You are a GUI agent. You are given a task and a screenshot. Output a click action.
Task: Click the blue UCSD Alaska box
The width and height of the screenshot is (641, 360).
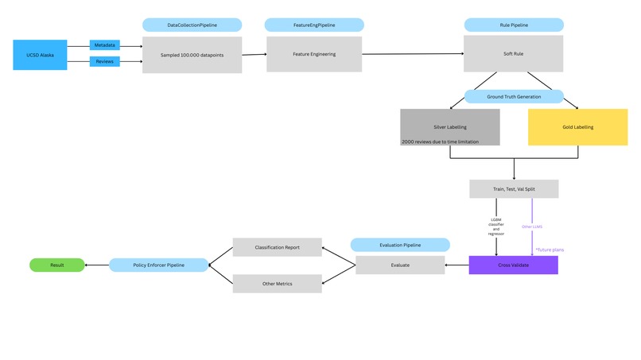click(40, 55)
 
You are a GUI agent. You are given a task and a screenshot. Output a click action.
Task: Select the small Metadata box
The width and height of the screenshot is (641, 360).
click(104, 45)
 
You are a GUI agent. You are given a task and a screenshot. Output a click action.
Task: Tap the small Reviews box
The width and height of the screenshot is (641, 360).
click(104, 61)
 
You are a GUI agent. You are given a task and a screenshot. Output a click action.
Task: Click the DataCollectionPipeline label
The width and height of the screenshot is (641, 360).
click(192, 25)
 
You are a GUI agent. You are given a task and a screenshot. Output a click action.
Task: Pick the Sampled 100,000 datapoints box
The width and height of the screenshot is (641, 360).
click(192, 55)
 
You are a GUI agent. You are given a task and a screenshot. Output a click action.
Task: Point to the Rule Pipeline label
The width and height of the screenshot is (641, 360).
click(513, 25)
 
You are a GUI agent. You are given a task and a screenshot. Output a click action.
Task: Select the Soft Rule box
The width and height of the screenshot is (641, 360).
click(513, 54)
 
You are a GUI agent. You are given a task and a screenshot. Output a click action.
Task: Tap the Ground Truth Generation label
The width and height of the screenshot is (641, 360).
click(513, 97)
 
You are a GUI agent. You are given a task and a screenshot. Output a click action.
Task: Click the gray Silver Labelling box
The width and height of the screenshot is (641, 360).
click(449, 127)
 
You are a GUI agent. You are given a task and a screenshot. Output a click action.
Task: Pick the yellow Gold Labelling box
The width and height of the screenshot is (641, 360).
click(577, 127)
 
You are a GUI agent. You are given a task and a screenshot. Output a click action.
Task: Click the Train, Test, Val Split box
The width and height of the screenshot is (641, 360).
click(513, 189)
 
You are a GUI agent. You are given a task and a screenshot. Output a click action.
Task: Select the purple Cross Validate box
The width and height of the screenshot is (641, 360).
click(513, 265)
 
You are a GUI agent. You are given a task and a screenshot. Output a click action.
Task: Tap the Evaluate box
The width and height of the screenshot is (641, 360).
click(400, 265)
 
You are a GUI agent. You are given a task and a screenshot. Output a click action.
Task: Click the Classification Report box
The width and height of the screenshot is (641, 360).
click(277, 247)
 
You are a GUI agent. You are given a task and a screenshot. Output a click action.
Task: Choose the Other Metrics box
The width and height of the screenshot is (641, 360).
click(277, 284)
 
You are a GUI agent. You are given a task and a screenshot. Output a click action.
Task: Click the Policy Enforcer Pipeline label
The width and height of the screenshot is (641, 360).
click(158, 265)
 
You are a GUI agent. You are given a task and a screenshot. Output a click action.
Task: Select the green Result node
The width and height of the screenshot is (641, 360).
click(56, 265)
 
